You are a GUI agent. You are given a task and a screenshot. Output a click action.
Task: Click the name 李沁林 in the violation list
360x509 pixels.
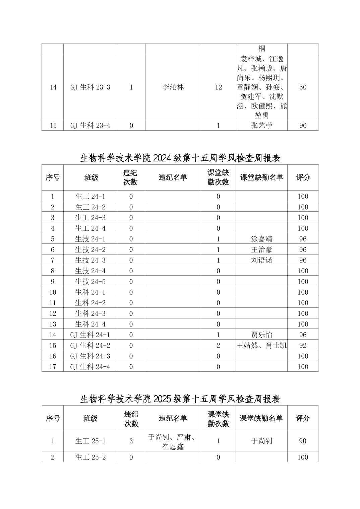(173, 87)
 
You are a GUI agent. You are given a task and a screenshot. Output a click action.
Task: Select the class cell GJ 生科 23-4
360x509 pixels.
(90, 126)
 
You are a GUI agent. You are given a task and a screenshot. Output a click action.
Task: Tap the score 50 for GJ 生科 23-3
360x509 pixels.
(303, 87)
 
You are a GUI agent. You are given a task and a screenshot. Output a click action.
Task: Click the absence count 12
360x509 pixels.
(218, 87)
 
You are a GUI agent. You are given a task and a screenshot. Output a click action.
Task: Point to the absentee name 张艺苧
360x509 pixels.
(261, 126)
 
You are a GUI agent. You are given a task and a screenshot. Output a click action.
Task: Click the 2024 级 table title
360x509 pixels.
(180, 158)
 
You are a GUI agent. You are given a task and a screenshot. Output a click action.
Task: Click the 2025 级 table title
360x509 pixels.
(180, 399)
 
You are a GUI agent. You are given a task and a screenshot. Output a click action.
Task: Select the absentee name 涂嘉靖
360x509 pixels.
(261, 239)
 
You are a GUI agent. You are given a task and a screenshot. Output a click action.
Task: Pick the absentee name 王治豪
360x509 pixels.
(261, 250)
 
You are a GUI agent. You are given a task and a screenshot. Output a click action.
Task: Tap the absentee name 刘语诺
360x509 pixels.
(261, 260)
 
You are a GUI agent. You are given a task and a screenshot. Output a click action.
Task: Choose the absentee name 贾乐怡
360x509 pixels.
(261, 335)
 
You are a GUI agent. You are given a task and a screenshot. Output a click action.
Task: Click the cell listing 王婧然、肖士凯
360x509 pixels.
(261, 346)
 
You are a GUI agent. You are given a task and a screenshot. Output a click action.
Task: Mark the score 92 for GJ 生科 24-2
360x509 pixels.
(303, 346)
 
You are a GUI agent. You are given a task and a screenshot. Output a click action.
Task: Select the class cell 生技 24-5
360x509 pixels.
(90, 282)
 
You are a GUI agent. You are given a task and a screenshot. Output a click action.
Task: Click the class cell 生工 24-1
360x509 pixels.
(90, 197)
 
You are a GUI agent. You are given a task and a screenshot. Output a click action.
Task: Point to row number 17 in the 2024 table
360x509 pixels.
(53, 367)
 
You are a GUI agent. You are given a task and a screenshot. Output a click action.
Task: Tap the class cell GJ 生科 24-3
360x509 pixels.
(90, 356)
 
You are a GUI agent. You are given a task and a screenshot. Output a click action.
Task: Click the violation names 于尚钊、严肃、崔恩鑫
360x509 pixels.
(173, 441)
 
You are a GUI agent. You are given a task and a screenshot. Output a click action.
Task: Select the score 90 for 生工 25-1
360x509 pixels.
(303, 441)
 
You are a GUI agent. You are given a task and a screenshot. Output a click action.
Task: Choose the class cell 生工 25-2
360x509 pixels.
(90, 457)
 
